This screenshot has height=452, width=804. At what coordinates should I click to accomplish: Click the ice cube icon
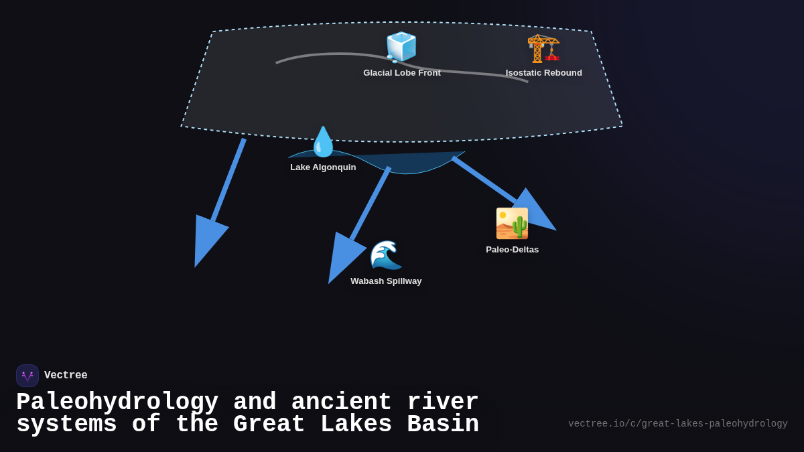click(x=401, y=47)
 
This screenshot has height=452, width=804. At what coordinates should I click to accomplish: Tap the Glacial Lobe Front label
click(x=402, y=73)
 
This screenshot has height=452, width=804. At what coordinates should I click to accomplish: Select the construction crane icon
click(x=543, y=48)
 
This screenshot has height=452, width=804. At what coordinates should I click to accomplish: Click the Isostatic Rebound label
click(x=543, y=73)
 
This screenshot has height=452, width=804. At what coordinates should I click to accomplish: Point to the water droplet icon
click(x=323, y=141)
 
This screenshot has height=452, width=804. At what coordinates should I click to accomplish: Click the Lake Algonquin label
click(x=323, y=167)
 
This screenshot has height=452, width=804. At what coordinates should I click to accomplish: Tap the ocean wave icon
click(x=386, y=255)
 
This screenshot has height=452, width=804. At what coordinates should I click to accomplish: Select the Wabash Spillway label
click(x=386, y=281)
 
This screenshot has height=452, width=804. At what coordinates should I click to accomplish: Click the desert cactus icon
click(x=512, y=224)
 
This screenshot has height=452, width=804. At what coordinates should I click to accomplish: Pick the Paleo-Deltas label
click(x=512, y=250)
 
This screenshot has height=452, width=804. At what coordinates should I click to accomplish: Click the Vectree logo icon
click(x=27, y=376)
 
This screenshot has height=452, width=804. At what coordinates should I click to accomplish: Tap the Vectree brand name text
click(x=66, y=376)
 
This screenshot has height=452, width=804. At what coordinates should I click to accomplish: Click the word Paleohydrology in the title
click(x=117, y=402)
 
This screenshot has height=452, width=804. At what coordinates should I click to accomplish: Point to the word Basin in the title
click(x=443, y=425)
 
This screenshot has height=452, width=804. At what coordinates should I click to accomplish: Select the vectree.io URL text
click(x=677, y=424)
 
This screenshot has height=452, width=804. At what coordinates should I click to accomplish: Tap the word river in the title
click(x=443, y=402)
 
